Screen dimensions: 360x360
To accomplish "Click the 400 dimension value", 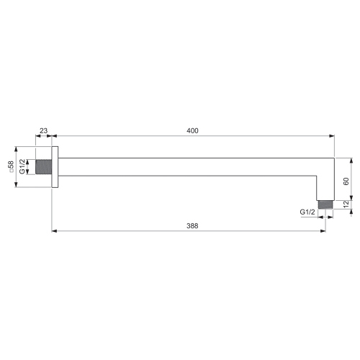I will (192, 130).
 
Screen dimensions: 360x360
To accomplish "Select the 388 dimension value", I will (192, 225).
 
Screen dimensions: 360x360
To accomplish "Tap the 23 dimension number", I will (44, 130).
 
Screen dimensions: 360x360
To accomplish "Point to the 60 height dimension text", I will (346, 181).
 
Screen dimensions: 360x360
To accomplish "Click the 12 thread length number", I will (346, 204).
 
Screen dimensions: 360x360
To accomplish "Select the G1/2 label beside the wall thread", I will (22, 166).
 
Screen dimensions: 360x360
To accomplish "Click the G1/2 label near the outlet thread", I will (307, 212).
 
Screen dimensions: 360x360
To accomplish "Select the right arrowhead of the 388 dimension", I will (323, 231).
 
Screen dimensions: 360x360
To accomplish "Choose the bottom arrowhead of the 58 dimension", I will (16, 186).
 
